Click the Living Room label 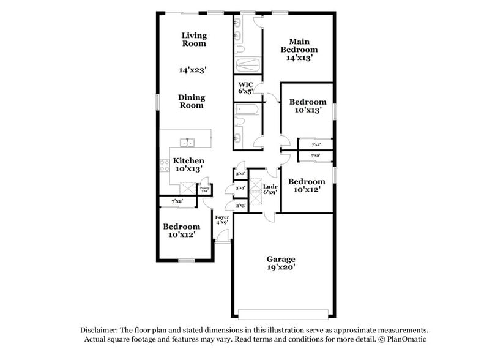coord(193,39)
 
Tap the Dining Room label coord(191,101)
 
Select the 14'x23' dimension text coord(192,70)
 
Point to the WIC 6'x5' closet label coord(245,88)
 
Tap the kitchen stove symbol coord(164,164)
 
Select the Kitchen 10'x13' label coord(188,164)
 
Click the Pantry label coord(204,189)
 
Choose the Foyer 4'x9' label coord(221,220)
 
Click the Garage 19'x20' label coord(281,263)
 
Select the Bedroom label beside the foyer coord(181,230)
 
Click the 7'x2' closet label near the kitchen coord(177,201)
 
